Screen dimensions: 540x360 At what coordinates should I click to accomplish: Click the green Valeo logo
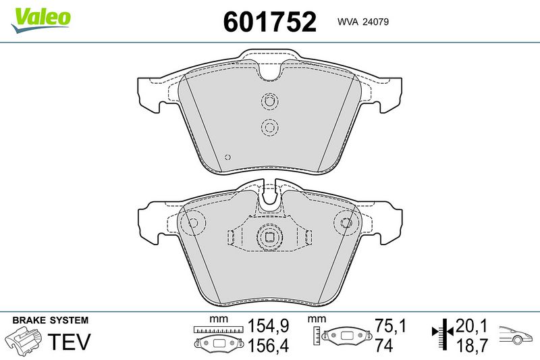(x=40, y=20)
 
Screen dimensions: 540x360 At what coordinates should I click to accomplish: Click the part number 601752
(x=269, y=22)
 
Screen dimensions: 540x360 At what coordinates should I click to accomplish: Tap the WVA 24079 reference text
(x=363, y=22)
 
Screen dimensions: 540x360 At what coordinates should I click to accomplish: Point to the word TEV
(x=69, y=341)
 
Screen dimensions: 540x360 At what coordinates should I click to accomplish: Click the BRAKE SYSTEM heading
(x=50, y=320)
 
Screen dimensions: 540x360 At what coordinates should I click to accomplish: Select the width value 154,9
(x=269, y=326)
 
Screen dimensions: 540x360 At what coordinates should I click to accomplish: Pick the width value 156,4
(x=269, y=345)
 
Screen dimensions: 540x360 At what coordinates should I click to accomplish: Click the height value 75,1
(x=390, y=326)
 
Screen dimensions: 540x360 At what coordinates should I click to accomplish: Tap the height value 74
(x=383, y=345)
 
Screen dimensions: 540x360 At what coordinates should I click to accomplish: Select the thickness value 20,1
(x=472, y=326)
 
